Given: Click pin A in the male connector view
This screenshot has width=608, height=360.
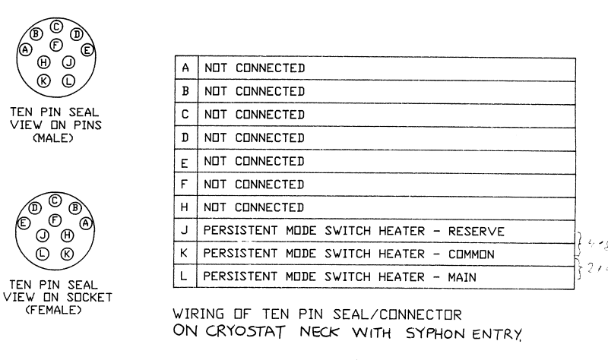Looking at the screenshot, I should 26,49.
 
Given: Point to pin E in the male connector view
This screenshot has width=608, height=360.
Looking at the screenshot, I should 87,50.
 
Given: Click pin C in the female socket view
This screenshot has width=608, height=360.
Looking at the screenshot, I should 55,201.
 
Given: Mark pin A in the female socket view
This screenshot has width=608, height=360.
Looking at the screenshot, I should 85,223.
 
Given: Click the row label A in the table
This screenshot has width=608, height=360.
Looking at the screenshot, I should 185,67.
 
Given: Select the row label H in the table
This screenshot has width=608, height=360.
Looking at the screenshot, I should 185,207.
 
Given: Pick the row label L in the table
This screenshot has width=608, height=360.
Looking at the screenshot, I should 185,277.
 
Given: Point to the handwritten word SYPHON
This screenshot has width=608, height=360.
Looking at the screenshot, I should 439,332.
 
